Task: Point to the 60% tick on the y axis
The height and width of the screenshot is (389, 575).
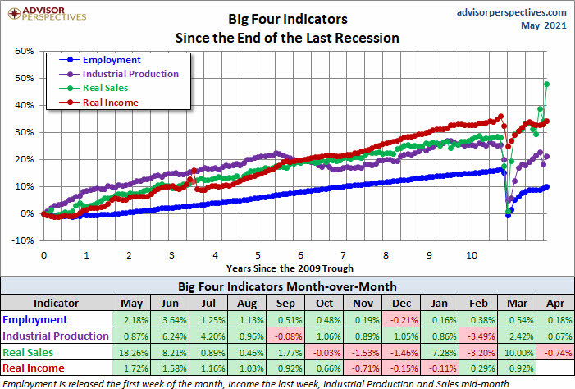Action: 23,51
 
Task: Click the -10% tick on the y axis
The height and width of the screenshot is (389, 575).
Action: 23,240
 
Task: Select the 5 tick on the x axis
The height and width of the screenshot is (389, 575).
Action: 258,255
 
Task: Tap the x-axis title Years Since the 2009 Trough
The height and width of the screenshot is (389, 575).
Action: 290,268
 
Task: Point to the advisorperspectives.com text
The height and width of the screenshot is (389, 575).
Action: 510,12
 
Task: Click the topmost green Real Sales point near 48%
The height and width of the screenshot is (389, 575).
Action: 546,84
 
